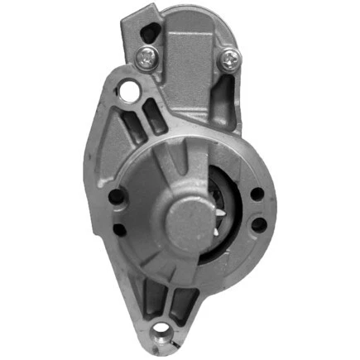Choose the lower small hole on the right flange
click(x=258, y=224)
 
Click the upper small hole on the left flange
click(x=115, y=197)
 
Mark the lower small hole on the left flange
click(x=119, y=229)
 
